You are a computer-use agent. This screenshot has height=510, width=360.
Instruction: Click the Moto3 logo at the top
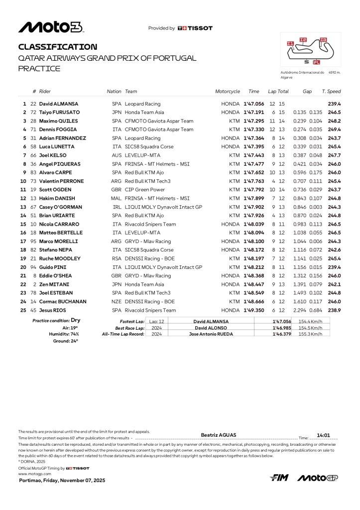pyautogui.click(x=51, y=27)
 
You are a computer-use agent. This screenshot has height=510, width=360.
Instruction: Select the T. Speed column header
pyautogui.click(x=331, y=92)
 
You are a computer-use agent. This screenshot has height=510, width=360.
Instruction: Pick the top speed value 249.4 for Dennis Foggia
pyautogui.click(x=334, y=129)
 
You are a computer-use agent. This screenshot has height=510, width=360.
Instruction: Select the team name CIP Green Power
pyautogui.click(x=144, y=190)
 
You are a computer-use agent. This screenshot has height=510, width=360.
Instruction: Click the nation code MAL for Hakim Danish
pyautogui.click(x=116, y=198)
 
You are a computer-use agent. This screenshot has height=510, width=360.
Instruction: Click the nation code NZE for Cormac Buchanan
pyautogui.click(x=116, y=302)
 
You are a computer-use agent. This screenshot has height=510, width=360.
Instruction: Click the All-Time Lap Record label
pyautogui.click(x=123, y=334)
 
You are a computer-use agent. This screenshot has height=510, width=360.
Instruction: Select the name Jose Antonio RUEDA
pyautogui.click(x=211, y=334)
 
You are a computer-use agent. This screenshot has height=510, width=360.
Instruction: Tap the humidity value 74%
pyautogui.click(x=74, y=334)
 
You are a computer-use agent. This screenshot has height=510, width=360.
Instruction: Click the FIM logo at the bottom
pyautogui.click(x=279, y=478)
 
